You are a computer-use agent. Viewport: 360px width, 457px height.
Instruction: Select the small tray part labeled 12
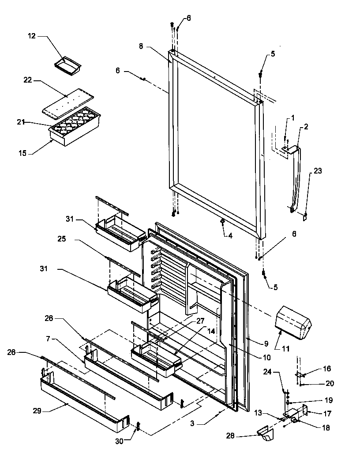(67, 64)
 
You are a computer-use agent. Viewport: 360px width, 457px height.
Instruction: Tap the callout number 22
(28, 80)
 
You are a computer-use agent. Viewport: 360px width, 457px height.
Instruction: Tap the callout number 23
(318, 170)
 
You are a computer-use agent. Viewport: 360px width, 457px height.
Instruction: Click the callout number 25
(61, 239)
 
